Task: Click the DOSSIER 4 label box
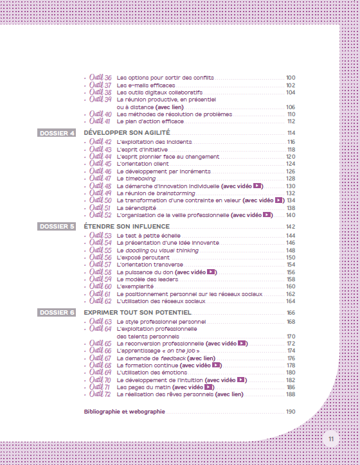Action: tap(57, 133)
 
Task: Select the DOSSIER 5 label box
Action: tap(57, 227)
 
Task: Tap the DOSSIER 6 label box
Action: tap(57, 313)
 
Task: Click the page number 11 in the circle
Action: tap(330, 439)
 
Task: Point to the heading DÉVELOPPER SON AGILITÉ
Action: tap(122, 133)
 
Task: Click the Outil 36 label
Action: tap(101, 77)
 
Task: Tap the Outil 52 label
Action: tap(101, 215)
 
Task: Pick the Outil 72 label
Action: tap(101, 394)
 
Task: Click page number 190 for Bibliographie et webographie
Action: tap(291, 412)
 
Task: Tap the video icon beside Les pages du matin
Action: tap(209, 387)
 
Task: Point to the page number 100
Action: tap(291, 78)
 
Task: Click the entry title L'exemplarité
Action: tap(135, 286)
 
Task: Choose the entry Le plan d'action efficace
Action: tap(150, 121)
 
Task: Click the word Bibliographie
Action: tap(103, 412)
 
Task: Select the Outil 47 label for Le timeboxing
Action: tap(101, 179)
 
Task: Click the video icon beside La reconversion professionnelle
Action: tap(242, 344)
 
